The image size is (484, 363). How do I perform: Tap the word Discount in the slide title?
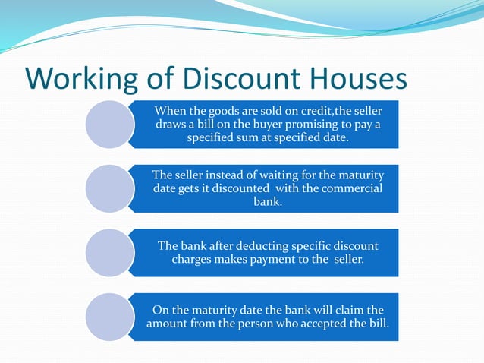[237, 80]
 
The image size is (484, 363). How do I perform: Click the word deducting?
[263, 246]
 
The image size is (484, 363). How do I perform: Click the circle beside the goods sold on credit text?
[109, 124]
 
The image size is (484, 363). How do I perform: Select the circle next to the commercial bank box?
[109, 188]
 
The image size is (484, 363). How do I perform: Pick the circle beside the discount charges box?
[109, 253]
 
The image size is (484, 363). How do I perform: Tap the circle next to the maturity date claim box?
[109, 317]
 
